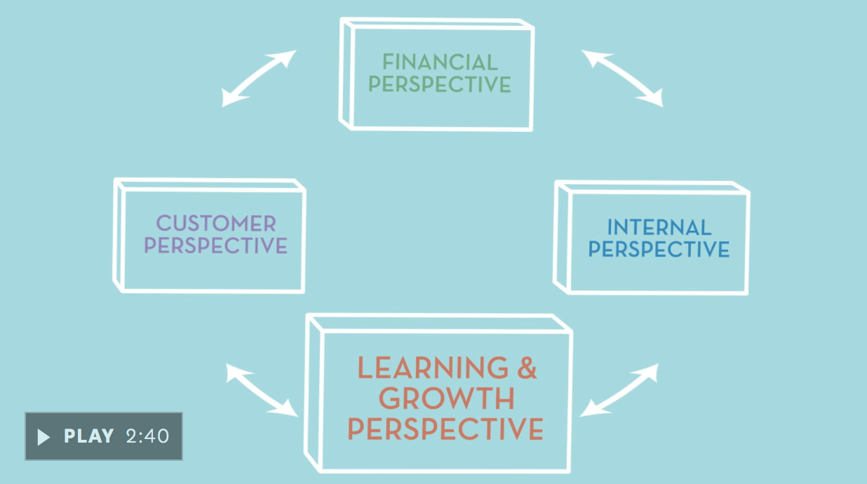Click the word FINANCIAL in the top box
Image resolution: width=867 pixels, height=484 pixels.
tap(440, 62)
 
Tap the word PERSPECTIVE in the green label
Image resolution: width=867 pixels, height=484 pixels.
tap(440, 84)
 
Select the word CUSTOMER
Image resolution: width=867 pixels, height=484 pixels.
tap(216, 224)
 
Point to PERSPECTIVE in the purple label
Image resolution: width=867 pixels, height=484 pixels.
tap(216, 246)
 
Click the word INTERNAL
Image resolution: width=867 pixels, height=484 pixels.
tap(659, 227)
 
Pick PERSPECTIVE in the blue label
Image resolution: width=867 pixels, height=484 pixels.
tap(659, 249)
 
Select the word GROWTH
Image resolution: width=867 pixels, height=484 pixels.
tap(447, 398)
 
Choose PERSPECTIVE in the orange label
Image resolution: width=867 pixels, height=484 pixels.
tap(446, 429)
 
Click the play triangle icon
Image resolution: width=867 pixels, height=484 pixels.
tap(43, 437)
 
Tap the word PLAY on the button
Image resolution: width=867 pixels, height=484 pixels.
tap(89, 436)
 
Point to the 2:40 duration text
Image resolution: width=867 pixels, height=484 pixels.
tap(148, 436)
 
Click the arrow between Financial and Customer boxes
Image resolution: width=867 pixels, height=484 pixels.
tap(257, 78)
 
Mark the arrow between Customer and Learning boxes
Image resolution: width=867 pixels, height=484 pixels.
tap(262, 389)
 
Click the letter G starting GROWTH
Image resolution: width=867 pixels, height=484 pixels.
tap(391, 398)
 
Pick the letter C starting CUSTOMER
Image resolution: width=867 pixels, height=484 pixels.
tap(163, 224)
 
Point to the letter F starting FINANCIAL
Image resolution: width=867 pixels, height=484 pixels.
tap(387, 62)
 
